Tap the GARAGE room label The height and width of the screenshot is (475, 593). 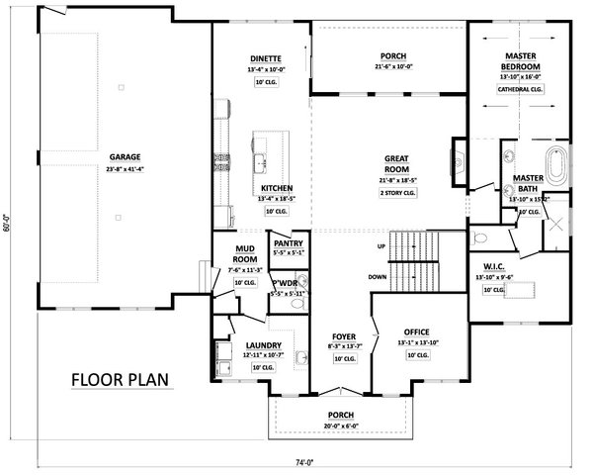click(x=126, y=156)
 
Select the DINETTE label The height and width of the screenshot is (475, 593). click(x=266, y=58)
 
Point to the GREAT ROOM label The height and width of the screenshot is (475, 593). click(x=397, y=162)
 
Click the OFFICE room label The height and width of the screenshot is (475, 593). click(x=415, y=332)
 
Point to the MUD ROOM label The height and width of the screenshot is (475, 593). click(x=246, y=253)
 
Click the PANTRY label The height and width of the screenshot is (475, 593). click(x=288, y=241)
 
